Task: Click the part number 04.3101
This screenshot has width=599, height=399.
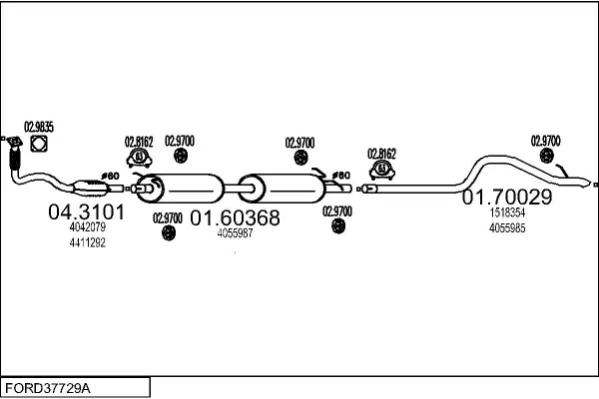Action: pyautogui.click(x=87, y=212)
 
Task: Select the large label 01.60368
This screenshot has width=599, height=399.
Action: pyautogui.click(x=235, y=217)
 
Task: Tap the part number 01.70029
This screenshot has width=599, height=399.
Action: pyautogui.click(x=506, y=198)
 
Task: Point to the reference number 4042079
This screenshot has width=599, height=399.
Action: pyautogui.click(x=87, y=227)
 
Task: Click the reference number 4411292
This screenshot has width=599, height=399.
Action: pyautogui.click(x=87, y=242)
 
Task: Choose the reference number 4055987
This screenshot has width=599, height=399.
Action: pyautogui.click(x=235, y=232)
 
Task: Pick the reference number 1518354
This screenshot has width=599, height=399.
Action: pyautogui.click(x=507, y=212)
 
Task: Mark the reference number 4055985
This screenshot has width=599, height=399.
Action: pyautogui.click(x=507, y=227)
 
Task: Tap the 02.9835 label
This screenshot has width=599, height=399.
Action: pyautogui.click(x=39, y=127)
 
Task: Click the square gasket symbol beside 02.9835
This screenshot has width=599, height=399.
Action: pyautogui.click(x=40, y=147)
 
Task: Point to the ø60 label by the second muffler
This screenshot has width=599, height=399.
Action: pyautogui.click(x=341, y=176)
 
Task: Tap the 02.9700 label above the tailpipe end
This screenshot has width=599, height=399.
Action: pyautogui.click(x=546, y=140)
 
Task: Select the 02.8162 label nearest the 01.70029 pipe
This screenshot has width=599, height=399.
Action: pyautogui.click(x=381, y=154)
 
